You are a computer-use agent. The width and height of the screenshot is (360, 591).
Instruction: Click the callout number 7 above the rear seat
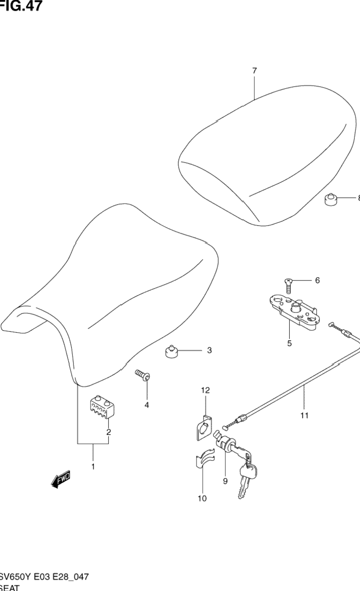click(x=254, y=71)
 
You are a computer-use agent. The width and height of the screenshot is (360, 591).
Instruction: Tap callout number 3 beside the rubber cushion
click(x=209, y=350)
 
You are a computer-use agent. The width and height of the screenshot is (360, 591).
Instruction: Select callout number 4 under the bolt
click(x=147, y=405)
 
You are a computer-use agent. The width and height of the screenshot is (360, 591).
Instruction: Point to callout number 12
click(x=205, y=390)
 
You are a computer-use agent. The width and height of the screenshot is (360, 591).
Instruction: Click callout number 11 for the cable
click(x=304, y=415)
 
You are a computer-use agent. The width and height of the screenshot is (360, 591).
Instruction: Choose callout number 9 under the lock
click(x=225, y=481)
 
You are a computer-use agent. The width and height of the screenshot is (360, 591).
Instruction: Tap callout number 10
click(x=202, y=498)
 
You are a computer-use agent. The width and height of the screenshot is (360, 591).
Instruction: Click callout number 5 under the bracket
click(x=289, y=343)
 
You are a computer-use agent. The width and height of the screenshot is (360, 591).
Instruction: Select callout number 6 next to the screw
click(x=317, y=280)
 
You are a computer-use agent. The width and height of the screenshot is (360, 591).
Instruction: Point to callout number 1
click(x=93, y=467)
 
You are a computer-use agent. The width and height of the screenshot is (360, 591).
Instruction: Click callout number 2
click(x=108, y=432)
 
